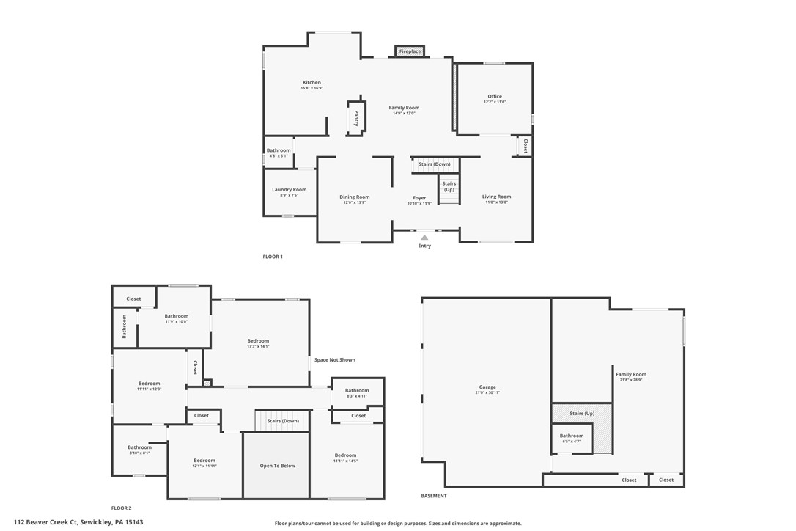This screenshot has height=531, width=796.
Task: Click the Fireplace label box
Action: point(410,51)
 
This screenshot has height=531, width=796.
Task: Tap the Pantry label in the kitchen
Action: point(356,118)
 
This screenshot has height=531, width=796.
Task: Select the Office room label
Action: point(495,97)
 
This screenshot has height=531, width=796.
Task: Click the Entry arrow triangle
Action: point(424,237)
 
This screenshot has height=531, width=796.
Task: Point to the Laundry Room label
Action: point(289,190)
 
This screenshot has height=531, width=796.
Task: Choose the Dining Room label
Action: point(354,197)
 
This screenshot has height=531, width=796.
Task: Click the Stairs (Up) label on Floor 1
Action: point(449,186)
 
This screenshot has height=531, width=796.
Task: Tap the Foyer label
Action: point(419,198)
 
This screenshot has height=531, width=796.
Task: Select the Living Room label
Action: point(496,197)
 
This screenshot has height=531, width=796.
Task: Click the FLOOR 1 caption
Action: point(273,257)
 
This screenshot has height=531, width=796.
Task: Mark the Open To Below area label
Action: point(277,466)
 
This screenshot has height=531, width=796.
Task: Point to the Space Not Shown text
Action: point(335,360)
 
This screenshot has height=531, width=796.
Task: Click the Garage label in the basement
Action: point(487,387)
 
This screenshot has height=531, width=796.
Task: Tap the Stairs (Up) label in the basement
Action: point(581,414)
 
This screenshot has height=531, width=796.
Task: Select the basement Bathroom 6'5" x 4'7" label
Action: point(572,436)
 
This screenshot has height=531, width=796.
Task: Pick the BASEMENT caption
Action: point(434,496)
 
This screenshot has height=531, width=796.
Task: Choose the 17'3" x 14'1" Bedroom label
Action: point(258,341)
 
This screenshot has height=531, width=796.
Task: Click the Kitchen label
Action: point(312,83)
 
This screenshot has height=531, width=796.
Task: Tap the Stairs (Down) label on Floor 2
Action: point(282,421)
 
